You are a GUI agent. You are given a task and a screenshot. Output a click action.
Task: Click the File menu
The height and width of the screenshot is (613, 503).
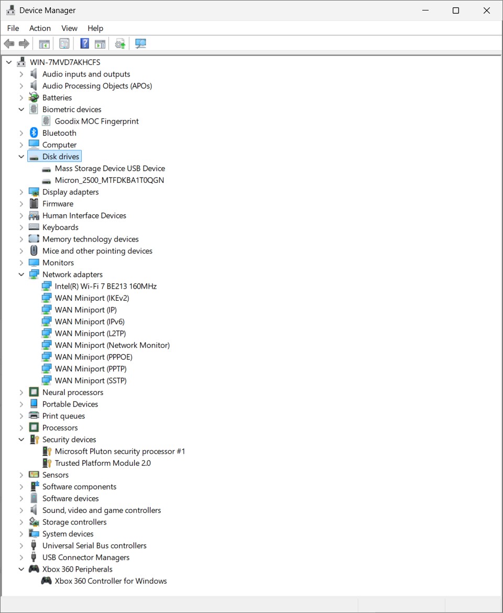point(13,28)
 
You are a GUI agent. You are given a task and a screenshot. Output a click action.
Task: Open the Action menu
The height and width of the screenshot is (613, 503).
point(40,28)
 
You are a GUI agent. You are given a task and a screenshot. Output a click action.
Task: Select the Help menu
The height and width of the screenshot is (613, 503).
point(95,28)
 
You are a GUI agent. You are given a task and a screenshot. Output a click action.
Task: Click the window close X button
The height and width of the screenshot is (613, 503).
point(487,10)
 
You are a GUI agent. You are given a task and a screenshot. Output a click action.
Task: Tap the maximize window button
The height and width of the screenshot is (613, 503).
point(456,10)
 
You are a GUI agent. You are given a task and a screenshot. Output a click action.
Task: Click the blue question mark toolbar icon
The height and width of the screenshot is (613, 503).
point(84,43)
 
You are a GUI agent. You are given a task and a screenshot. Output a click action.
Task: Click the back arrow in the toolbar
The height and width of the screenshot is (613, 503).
point(9,43)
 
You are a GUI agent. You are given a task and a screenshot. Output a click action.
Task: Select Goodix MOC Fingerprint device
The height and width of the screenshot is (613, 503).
point(96,121)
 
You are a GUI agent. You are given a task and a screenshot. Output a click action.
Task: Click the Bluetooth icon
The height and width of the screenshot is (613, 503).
point(34,133)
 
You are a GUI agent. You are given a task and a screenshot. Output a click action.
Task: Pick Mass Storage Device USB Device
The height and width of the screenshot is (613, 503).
point(110,169)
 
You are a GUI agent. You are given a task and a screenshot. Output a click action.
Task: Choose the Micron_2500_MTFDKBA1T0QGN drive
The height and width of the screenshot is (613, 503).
point(110,180)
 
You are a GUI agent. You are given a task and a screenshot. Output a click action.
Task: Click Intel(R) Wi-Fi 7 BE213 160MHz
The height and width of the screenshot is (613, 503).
point(105,286)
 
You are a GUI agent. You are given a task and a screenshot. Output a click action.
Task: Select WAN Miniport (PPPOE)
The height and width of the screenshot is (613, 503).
point(93,357)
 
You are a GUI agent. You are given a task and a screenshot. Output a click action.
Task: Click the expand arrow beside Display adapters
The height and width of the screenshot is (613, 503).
point(21,192)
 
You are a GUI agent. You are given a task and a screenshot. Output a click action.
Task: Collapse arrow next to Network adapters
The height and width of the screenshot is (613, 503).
point(21,275)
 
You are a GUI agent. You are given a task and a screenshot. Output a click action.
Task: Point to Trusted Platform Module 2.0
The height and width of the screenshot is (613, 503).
point(103,463)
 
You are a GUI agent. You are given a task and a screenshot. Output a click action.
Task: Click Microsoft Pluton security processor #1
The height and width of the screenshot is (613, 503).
point(120,451)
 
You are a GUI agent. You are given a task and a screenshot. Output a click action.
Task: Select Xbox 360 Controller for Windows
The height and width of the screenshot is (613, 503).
point(111,581)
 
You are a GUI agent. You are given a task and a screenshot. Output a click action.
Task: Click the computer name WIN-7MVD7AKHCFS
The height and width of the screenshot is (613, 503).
point(65,62)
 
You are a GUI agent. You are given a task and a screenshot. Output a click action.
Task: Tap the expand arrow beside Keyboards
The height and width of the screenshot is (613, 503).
point(21,227)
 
